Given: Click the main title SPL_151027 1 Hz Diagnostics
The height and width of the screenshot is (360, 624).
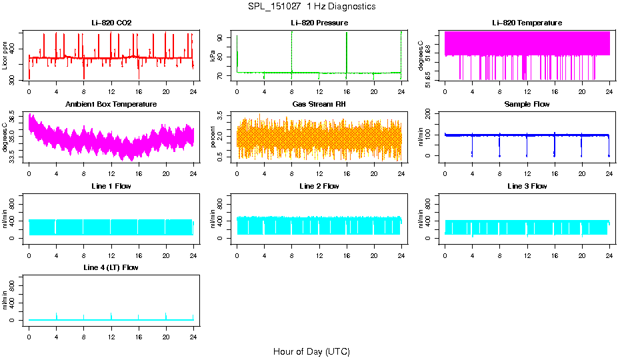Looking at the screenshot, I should coord(311,7).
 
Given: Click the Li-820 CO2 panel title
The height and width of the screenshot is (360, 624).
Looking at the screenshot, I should coord(111,23).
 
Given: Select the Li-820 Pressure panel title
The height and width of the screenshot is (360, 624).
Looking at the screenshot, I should coord(319,23).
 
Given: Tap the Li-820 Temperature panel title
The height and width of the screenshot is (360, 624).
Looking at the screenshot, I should coord(527,23).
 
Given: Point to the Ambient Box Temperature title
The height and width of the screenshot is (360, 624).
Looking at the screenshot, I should coord(111,104).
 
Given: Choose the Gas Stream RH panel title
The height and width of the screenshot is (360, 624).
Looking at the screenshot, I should coord(319,104).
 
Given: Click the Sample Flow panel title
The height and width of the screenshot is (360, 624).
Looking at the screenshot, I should coord(527,104).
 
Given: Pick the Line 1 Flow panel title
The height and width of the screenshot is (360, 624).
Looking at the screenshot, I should coord(111,186).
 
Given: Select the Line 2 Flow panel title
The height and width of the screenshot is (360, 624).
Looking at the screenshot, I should coord(319,186).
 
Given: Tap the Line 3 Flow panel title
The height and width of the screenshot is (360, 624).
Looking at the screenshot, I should coord(527,186).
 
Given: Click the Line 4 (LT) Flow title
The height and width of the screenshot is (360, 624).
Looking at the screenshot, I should coord(111,267).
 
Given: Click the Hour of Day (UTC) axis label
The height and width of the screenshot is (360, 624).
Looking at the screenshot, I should coord(311,351).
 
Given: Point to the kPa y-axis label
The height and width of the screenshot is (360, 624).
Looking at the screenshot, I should coord(213,56).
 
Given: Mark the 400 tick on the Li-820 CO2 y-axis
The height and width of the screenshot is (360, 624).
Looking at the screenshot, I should coord(15,50).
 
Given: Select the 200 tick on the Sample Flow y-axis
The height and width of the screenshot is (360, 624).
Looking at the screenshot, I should coord(431,114).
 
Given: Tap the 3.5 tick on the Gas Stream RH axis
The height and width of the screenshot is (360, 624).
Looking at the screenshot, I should coord(223,117).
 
